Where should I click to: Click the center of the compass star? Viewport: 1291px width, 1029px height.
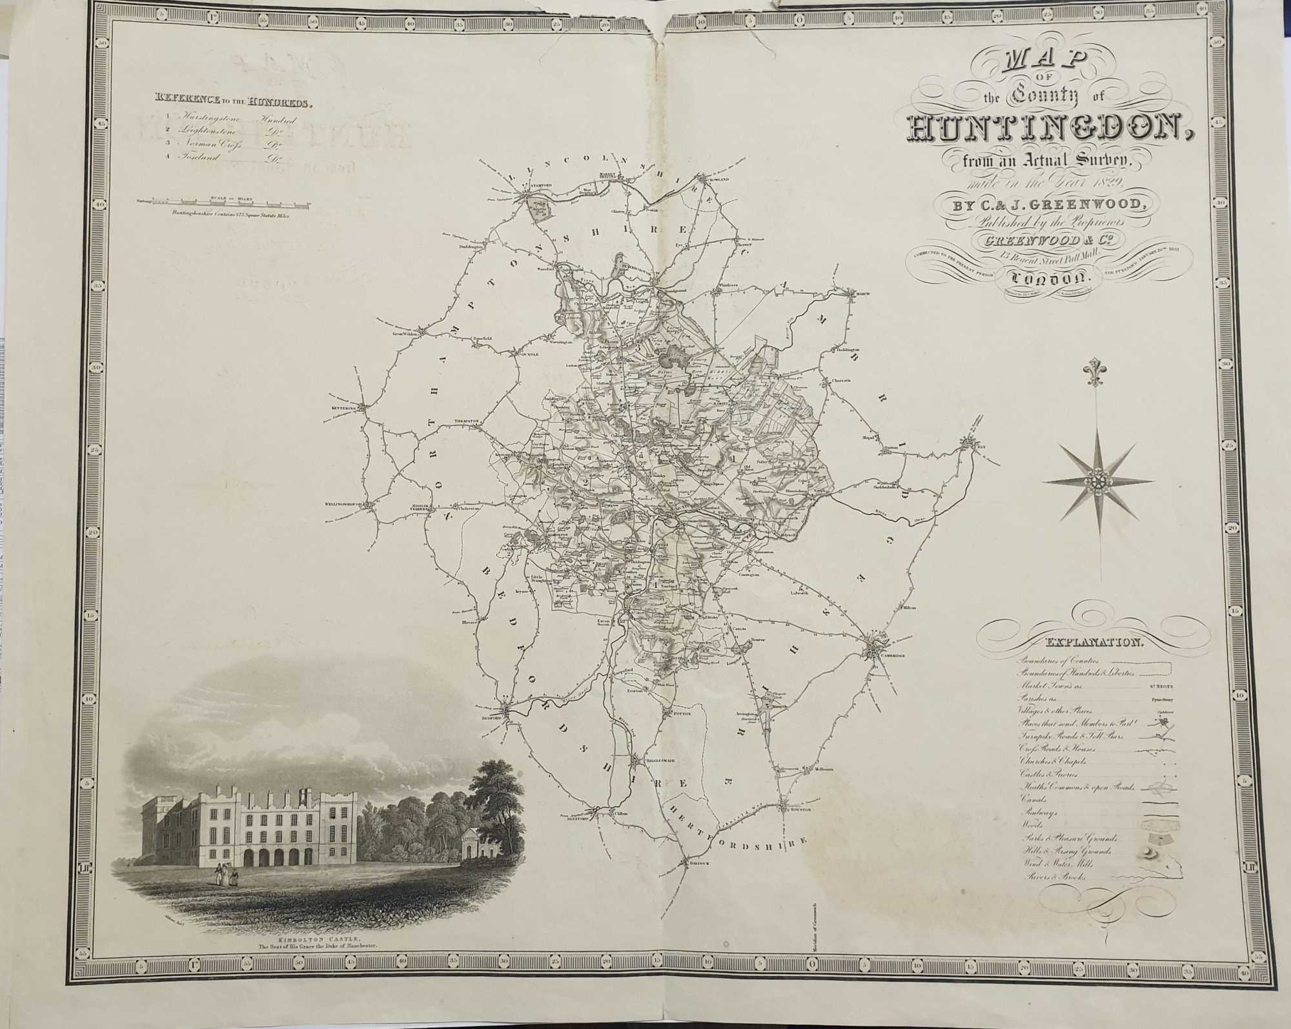coord(1097,480)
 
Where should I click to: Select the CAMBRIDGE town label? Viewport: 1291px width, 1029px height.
coord(893,656)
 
